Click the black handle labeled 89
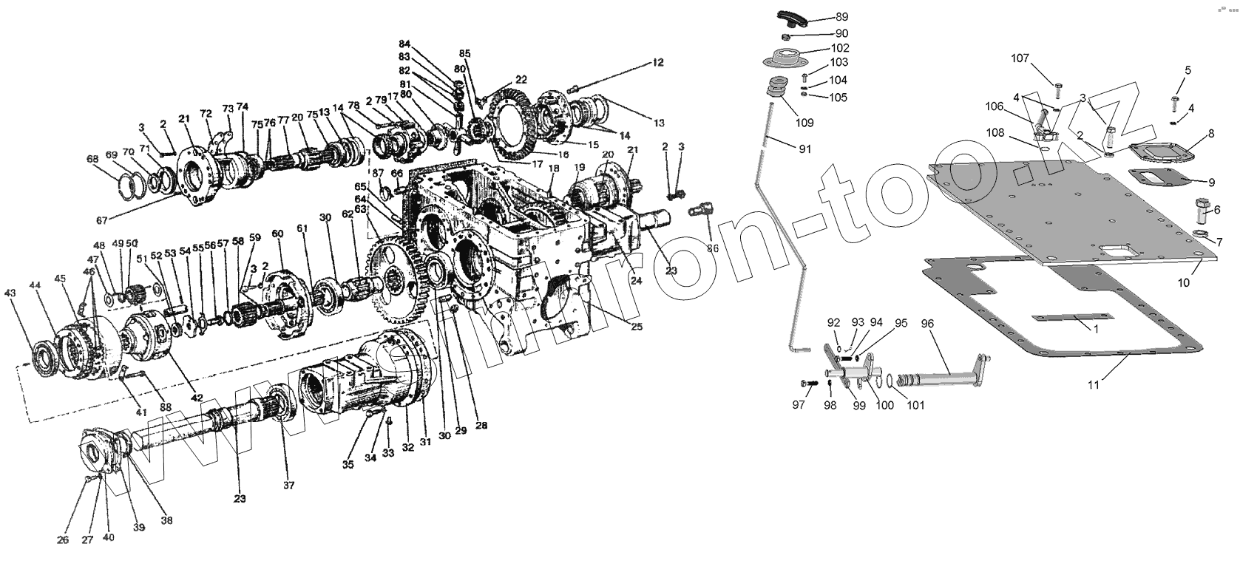[790, 17]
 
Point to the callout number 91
[805, 149]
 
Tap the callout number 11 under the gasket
[1094, 385]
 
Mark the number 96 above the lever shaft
[928, 324]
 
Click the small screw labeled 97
[808, 383]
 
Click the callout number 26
[63, 540]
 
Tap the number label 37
[288, 486]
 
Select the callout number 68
[92, 159]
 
